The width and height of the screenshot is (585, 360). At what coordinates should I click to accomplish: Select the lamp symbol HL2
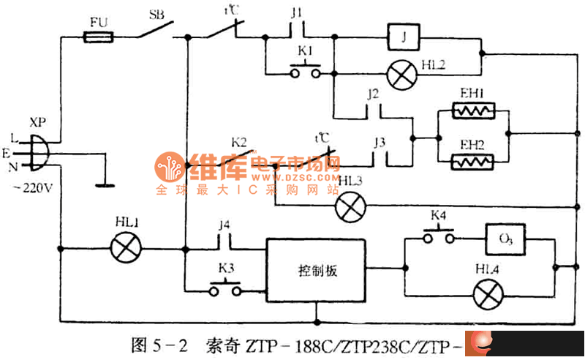click(x=399, y=72)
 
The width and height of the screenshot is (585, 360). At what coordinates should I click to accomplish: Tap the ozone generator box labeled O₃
click(x=505, y=239)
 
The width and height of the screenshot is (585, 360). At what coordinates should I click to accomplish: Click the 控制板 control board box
click(x=316, y=269)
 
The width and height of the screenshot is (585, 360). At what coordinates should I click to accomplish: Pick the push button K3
click(x=224, y=289)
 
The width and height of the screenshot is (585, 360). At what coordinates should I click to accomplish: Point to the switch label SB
click(x=156, y=14)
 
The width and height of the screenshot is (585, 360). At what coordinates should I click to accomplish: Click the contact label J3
click(x=378, y=140)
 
